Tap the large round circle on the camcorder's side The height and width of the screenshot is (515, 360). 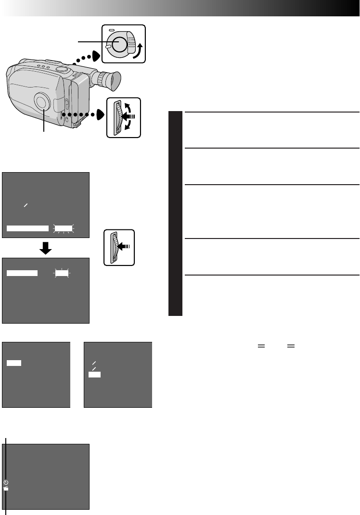[x=42, y=102]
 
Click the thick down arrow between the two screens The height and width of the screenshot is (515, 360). [x=46, y=248]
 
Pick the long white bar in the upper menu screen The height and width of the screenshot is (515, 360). [x=28, y=228]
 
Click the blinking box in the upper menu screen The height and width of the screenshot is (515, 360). [x=63, y=228]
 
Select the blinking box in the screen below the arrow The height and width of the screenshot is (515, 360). [x=61, y=273]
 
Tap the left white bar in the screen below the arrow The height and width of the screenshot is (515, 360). [x=22, y=273]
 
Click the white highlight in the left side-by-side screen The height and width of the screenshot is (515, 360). [x=14, y=362]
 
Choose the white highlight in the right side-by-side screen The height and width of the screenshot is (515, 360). [x=95, y=375]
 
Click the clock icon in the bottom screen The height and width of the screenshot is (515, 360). [x=6, y=482]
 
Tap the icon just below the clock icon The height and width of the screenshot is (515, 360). [x=6, y=488]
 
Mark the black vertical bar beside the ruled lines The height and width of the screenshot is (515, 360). [x=176, y=214]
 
